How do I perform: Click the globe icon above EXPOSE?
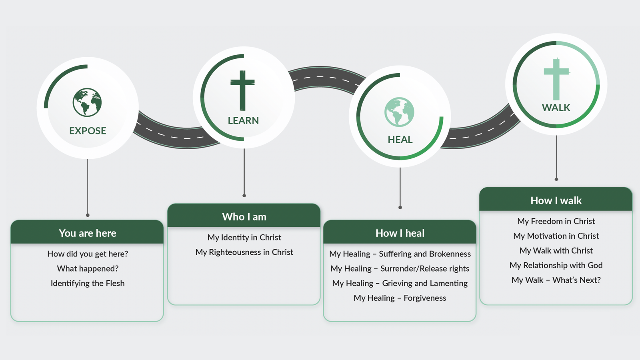pos(87,102)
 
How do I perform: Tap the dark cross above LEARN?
pos(242,90)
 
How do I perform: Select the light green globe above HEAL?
pos(399,112)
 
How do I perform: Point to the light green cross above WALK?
pos(556,79)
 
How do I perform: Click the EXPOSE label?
pos(88,131)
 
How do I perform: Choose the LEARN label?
pos(243,120)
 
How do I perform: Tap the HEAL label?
pos(400,140)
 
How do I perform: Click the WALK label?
pos(556,108)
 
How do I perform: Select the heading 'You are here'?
pos(88,233)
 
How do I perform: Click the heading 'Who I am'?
pos(244,217)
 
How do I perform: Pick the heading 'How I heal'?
pos(400,233)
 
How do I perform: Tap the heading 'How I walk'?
pos(556,201)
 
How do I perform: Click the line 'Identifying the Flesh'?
pos(88,283)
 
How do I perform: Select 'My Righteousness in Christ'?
pos(244,252)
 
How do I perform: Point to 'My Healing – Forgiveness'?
pos(400,298)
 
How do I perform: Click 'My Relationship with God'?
pos(556,265)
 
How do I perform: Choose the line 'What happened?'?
pos(88,268)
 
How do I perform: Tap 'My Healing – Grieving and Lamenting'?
pos(400,283)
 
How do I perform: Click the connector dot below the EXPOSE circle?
pos(88,215)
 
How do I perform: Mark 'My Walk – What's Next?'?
pos(556,280)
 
